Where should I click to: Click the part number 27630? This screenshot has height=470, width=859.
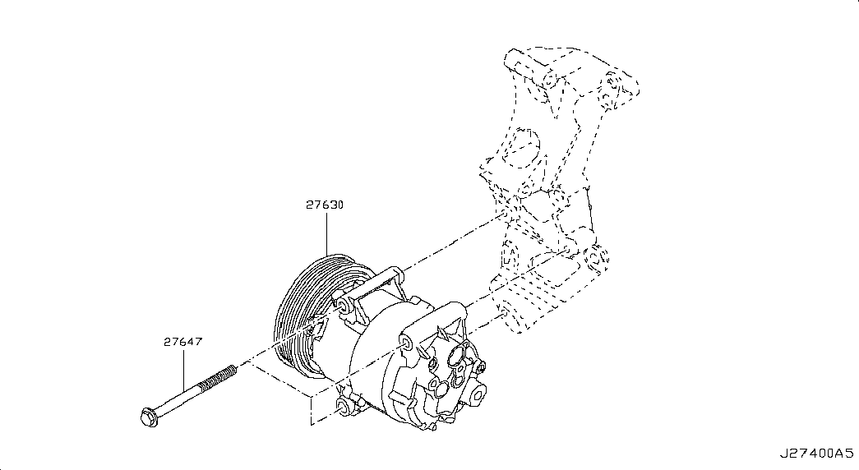pos(325,205)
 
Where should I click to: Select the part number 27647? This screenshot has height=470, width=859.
pos(182,342)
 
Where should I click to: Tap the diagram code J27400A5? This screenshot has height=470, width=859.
pos(817,453)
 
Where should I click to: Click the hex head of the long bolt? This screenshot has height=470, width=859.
pos(148,417)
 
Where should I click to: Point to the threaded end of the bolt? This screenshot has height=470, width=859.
pos(218,378)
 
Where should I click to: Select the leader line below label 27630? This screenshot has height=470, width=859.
pos(327,234)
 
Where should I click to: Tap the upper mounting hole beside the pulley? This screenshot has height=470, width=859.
pos(343,305)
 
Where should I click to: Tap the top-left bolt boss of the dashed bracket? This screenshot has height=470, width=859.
pos(549,81)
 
